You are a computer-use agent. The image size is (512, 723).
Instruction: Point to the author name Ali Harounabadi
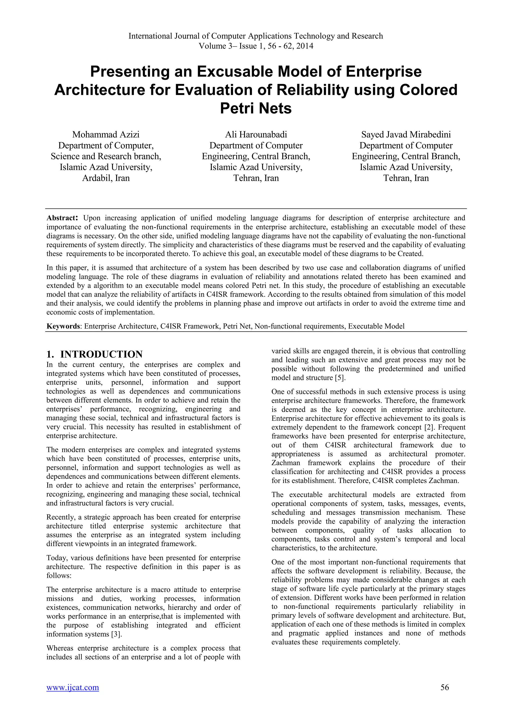click(x=256, y=135)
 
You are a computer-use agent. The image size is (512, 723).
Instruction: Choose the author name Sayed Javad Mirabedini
click(x=406, y=135)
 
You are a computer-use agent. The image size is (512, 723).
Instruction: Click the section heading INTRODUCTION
click(x=101, y=354)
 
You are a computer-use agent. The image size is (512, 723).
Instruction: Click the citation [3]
click(x=117, y=634)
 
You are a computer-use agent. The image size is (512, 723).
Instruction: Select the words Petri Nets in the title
click(x=256, y=108)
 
